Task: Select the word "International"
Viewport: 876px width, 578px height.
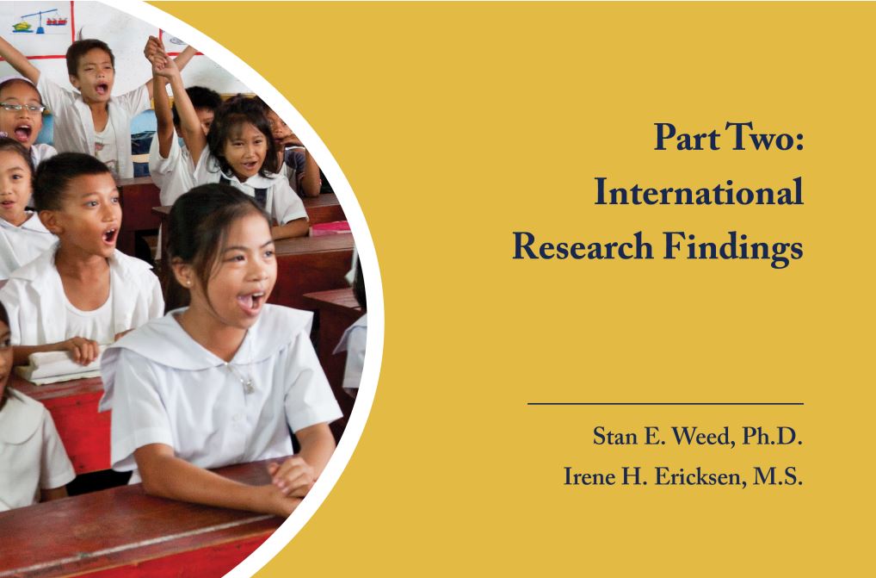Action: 699,192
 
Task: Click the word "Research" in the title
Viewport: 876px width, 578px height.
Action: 583,246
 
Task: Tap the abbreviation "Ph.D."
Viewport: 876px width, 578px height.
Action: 772,436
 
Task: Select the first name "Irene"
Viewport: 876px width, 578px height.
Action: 581,476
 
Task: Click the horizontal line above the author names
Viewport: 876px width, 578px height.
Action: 665,404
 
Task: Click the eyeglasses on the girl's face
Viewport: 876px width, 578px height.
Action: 22,108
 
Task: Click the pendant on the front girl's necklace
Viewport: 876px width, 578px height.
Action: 249,385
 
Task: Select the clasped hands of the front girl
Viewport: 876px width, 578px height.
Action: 293,479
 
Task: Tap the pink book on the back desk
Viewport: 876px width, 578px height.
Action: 330,227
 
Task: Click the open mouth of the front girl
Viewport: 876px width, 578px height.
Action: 250,301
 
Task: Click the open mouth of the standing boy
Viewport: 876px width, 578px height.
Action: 102,88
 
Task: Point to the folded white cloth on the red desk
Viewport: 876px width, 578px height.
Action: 56,367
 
